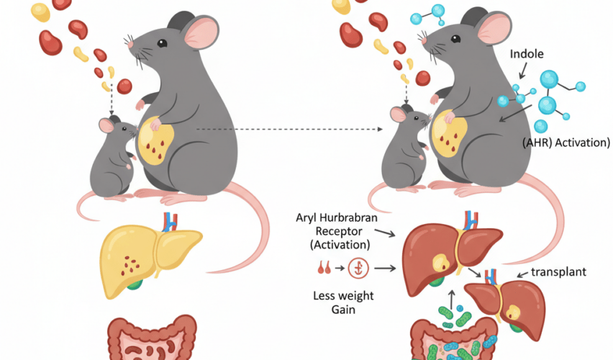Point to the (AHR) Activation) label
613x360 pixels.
point(566,143)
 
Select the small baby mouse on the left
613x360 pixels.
point(111,158)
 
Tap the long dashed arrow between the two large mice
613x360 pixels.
point(288,130)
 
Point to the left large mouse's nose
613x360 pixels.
point(130,45)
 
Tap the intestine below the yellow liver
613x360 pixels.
point(151,338)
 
